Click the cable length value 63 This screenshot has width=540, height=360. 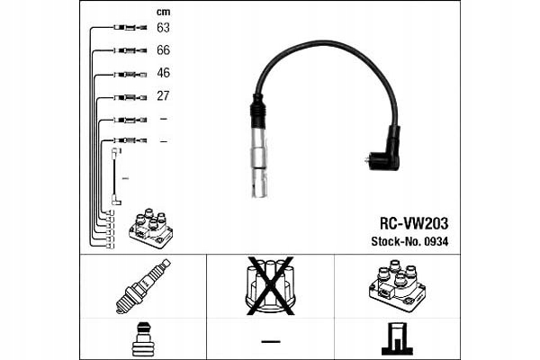tap(163, 28)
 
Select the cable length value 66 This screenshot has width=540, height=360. tap(163, 50)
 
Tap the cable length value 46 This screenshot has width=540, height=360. tap(163, 73)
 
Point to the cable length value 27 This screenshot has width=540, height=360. tap(163, 95)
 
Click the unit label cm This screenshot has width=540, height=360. tap(163, 11)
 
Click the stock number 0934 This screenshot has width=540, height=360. tap(435, 241)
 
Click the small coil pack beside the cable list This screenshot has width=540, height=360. tap(150, 229)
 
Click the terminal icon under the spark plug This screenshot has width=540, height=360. tap(144, 339)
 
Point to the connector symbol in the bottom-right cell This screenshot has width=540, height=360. tap(396, 338)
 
